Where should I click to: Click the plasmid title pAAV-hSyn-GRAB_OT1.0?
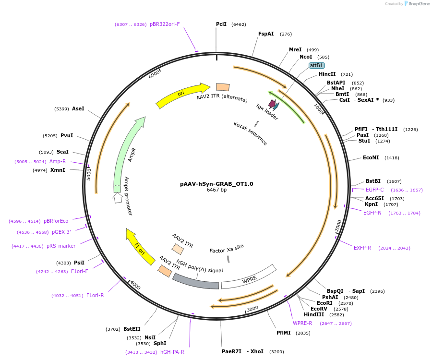pos(216,183)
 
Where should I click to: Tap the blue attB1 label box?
pos(317,65)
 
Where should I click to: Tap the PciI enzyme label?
pos(221,24)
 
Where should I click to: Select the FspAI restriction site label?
pos(266,34)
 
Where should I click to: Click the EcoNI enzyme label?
pos(371,157)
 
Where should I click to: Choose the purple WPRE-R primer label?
pos(302,323)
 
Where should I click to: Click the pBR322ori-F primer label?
pos(165,24)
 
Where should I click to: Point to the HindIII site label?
pos(314,314)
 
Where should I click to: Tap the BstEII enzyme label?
pos(132,329)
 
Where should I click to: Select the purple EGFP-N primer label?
pos(372,213)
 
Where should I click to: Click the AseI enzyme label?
pos(78,108)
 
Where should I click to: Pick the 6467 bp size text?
pos(216,190)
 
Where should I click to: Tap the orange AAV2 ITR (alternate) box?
pos(223,87)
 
